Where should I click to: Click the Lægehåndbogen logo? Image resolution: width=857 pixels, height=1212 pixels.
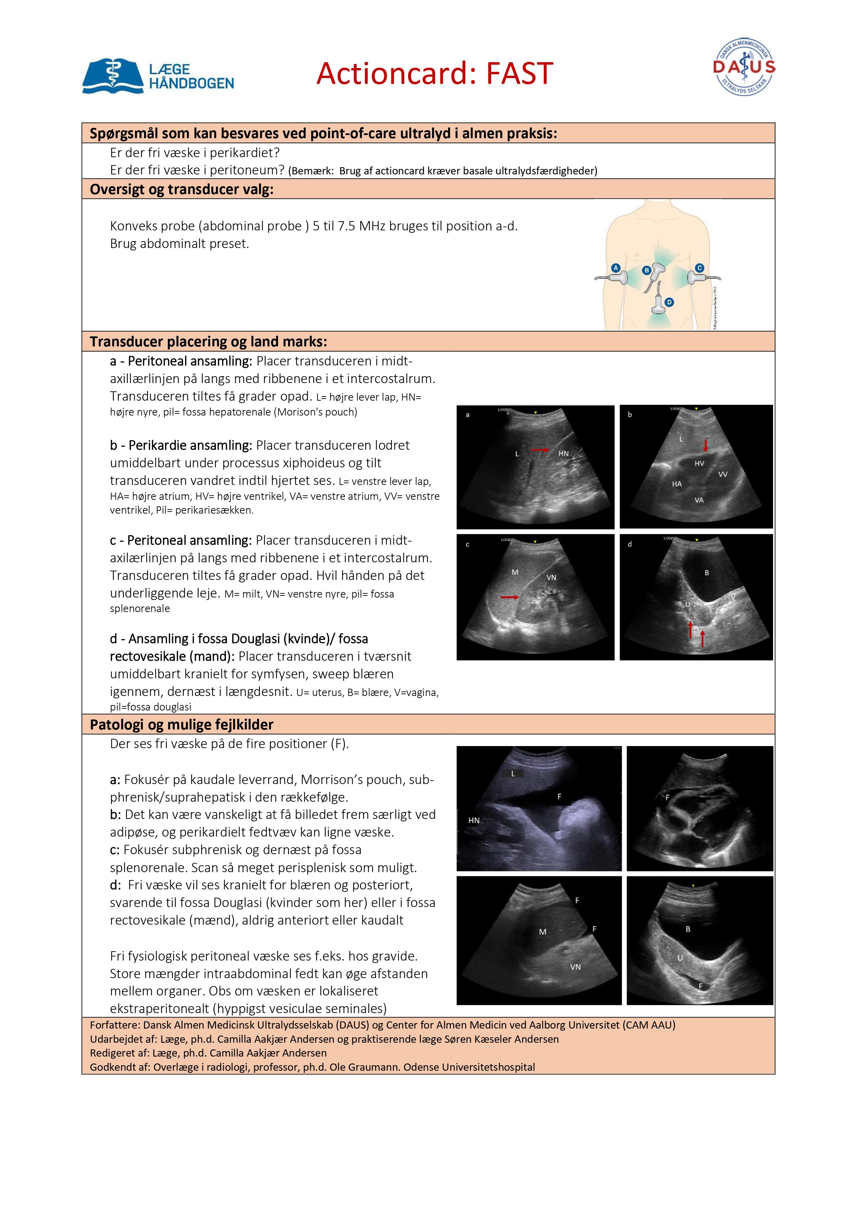tap(158, 76)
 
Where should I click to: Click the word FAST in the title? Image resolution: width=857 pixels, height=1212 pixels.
tap(519, 73)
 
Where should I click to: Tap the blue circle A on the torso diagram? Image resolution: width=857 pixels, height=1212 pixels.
tap(615, 268)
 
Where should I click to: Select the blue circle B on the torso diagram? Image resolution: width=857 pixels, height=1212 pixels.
tap(646, 270)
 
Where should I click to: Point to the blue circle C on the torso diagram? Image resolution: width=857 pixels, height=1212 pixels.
tap(699, 268)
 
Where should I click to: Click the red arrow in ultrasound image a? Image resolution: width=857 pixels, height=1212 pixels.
tap(539, 450)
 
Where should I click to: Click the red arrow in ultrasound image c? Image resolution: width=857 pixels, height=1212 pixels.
tap(510, 597)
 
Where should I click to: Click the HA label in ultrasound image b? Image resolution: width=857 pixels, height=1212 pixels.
tap(677, 484)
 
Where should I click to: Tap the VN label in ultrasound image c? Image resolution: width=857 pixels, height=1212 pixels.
tap(551, 578)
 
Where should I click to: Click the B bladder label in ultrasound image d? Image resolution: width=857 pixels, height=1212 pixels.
tap(706, 573)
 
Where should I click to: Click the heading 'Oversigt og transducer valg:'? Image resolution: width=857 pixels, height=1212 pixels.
tap(182, 190)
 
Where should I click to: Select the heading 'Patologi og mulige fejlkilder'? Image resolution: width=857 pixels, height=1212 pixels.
tap(182, 725)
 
